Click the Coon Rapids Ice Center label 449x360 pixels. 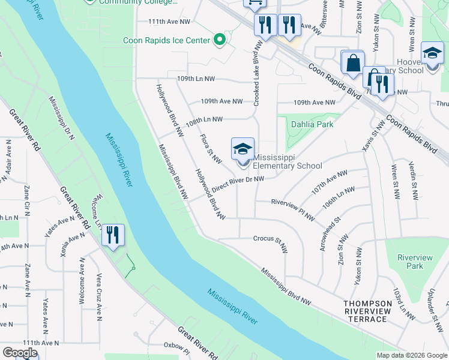[166, 41]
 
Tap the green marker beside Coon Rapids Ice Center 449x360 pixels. [220, 41]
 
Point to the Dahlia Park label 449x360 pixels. [312, 125]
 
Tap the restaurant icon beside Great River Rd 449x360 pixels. [113, 235]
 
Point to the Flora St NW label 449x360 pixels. [211, 149]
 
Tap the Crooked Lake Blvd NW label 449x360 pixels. [257, 74]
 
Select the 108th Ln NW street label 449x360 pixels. [204, 120]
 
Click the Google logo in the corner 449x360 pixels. [20, 352]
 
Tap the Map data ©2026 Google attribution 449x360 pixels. [411, 355]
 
